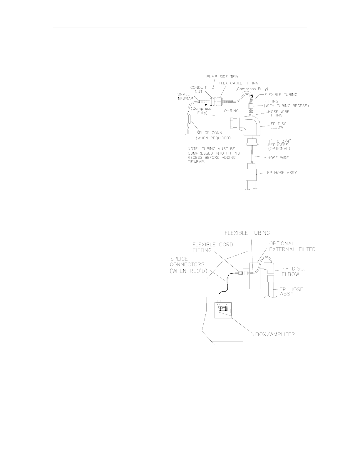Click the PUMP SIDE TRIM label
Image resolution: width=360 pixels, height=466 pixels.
[x=222, y=77]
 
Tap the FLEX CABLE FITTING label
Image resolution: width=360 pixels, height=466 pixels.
[x=238, y=83]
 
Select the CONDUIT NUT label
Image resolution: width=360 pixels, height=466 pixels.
[x=199, y=89]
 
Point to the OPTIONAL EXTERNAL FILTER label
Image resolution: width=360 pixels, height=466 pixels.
[x=292, y=246]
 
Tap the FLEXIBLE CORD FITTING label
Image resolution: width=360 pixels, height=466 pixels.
[x=212, y=247]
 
